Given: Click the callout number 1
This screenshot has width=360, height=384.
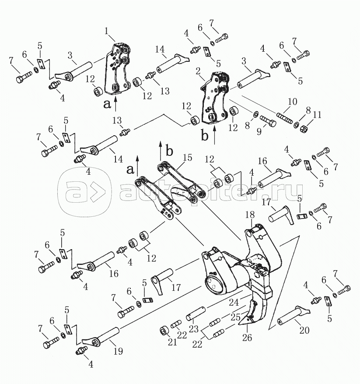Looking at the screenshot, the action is pos(106,31).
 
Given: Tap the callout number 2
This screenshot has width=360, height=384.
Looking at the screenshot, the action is pos(198,71).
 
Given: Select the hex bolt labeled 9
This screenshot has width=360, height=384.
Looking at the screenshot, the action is pos(268,120).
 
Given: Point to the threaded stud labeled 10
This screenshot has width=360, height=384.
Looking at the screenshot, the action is pos(284,118).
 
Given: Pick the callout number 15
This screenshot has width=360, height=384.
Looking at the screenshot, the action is pos(188,158).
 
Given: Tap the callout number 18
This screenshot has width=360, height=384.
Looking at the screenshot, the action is pos(250,215).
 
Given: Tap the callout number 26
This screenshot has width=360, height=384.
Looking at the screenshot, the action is pos(247,338).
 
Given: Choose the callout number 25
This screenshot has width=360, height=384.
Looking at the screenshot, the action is pos(235,317).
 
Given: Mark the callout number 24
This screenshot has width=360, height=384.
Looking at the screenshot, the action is pos(234,302).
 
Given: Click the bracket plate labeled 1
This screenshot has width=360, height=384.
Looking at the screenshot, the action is pos(118,69).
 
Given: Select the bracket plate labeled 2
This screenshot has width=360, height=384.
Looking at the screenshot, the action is pos(215,97).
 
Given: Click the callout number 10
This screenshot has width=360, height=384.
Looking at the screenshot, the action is pos(293,101).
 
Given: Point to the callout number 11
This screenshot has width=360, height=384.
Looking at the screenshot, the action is pos(317,114).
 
